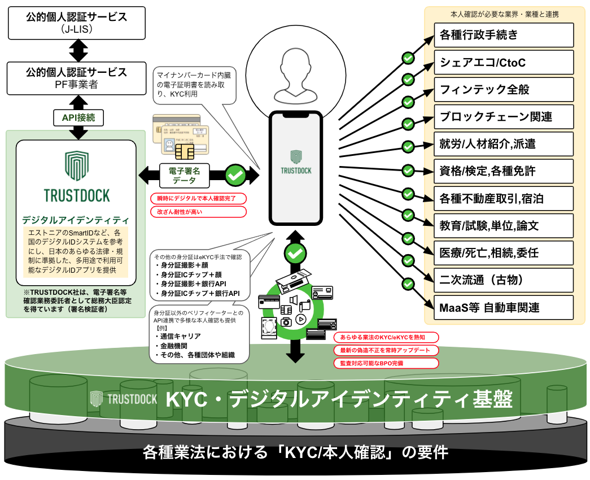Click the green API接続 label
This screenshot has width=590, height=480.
tap(78, 117)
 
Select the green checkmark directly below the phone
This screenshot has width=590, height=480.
tap(294, 254)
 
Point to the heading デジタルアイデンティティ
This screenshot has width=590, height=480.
tap(75, 220)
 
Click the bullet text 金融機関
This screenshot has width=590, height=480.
tap(174, 346)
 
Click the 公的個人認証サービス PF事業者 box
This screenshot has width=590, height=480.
tap(77, 77)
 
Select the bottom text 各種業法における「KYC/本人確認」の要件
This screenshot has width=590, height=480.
tap(295, 452)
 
